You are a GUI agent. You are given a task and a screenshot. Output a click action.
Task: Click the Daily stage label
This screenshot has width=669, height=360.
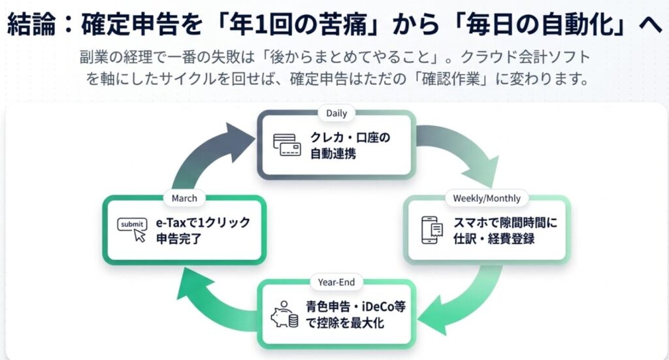point(336,113)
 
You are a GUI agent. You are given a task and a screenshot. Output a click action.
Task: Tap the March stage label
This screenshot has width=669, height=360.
point(184,198)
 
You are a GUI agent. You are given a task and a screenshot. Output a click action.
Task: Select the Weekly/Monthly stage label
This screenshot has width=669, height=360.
point(487,198)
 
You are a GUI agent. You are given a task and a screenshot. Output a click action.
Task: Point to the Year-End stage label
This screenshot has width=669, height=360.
point(336,283)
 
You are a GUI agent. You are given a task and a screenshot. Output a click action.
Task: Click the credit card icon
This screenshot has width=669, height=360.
point(287,145)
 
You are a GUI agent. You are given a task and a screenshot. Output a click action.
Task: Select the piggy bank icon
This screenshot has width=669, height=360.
point(285,315)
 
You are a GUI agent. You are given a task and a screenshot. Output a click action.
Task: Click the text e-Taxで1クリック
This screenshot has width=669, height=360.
point(203,222)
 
